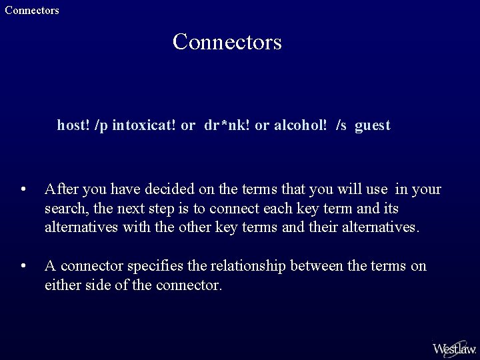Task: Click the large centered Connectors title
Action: tap(227, 42)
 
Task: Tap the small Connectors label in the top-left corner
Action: tap(31, 10)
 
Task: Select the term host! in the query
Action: tap(73, 125)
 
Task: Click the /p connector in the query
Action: tap(102, 125)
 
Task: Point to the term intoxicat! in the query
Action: tap(144, 125)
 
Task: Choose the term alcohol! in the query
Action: tap(300, 125)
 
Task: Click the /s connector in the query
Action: tap(341, 125)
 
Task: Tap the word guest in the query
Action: tap(373, 125)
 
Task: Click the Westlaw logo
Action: tap(454, 348)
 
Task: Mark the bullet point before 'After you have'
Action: tap(24, 190)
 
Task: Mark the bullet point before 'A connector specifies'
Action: tap(24, 267)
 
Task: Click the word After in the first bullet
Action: tap(59, 189)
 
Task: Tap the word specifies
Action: tap(155, 267)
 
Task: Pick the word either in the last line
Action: tap(61, 285)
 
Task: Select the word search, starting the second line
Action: tap(65, 209)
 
